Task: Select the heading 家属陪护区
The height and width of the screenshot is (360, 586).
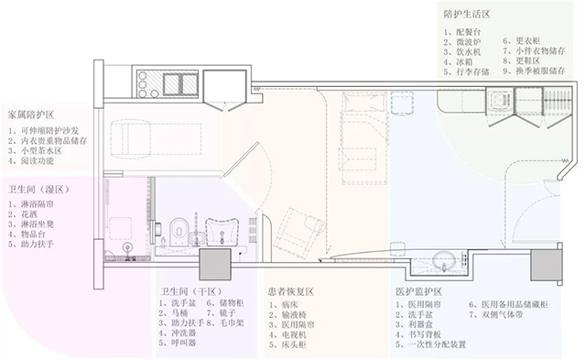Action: pyautogui.click(x=31, y=115)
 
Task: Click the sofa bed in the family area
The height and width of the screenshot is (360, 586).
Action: pyautogui.click(x=141, y=136)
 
